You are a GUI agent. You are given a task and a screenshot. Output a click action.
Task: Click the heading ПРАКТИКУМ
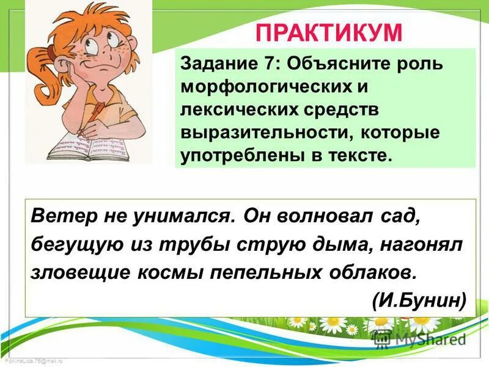point(328,32)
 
